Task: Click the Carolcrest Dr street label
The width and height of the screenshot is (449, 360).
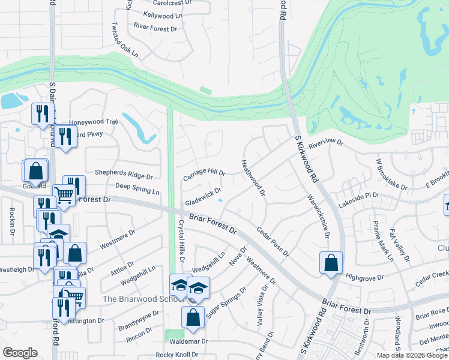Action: (173, 3)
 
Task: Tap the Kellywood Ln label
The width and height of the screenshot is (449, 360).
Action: (162, 14)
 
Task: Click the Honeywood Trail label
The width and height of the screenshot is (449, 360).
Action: (94, 121)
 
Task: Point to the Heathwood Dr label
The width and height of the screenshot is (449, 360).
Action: (253, 177)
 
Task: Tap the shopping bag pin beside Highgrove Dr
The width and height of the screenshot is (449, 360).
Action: (331, 263)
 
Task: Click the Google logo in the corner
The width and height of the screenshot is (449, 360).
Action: (20, 352)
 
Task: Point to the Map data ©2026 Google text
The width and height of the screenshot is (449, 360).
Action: (412, 355)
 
